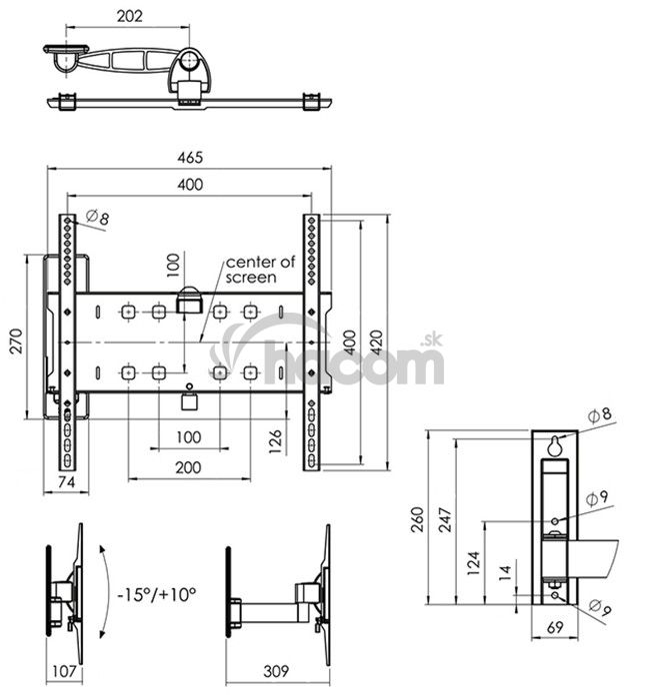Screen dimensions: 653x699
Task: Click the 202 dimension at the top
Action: click(x=129, y=16)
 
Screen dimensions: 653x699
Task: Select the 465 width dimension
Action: click(x=190, y=158)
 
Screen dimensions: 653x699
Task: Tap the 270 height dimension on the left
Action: click(x=16, y=342)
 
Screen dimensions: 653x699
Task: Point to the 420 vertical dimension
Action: click(x=377, y=343)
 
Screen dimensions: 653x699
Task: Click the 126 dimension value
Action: click(x=276, y=441)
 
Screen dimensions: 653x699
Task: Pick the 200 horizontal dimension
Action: click(x=188, y=467)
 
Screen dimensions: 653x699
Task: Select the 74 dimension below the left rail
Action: click(x=66, y=482)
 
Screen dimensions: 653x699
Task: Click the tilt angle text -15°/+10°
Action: click(x=157, y=594)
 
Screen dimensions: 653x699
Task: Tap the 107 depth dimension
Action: click(x=64, y=671)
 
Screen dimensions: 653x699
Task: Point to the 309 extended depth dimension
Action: click(x=276, y=671)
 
